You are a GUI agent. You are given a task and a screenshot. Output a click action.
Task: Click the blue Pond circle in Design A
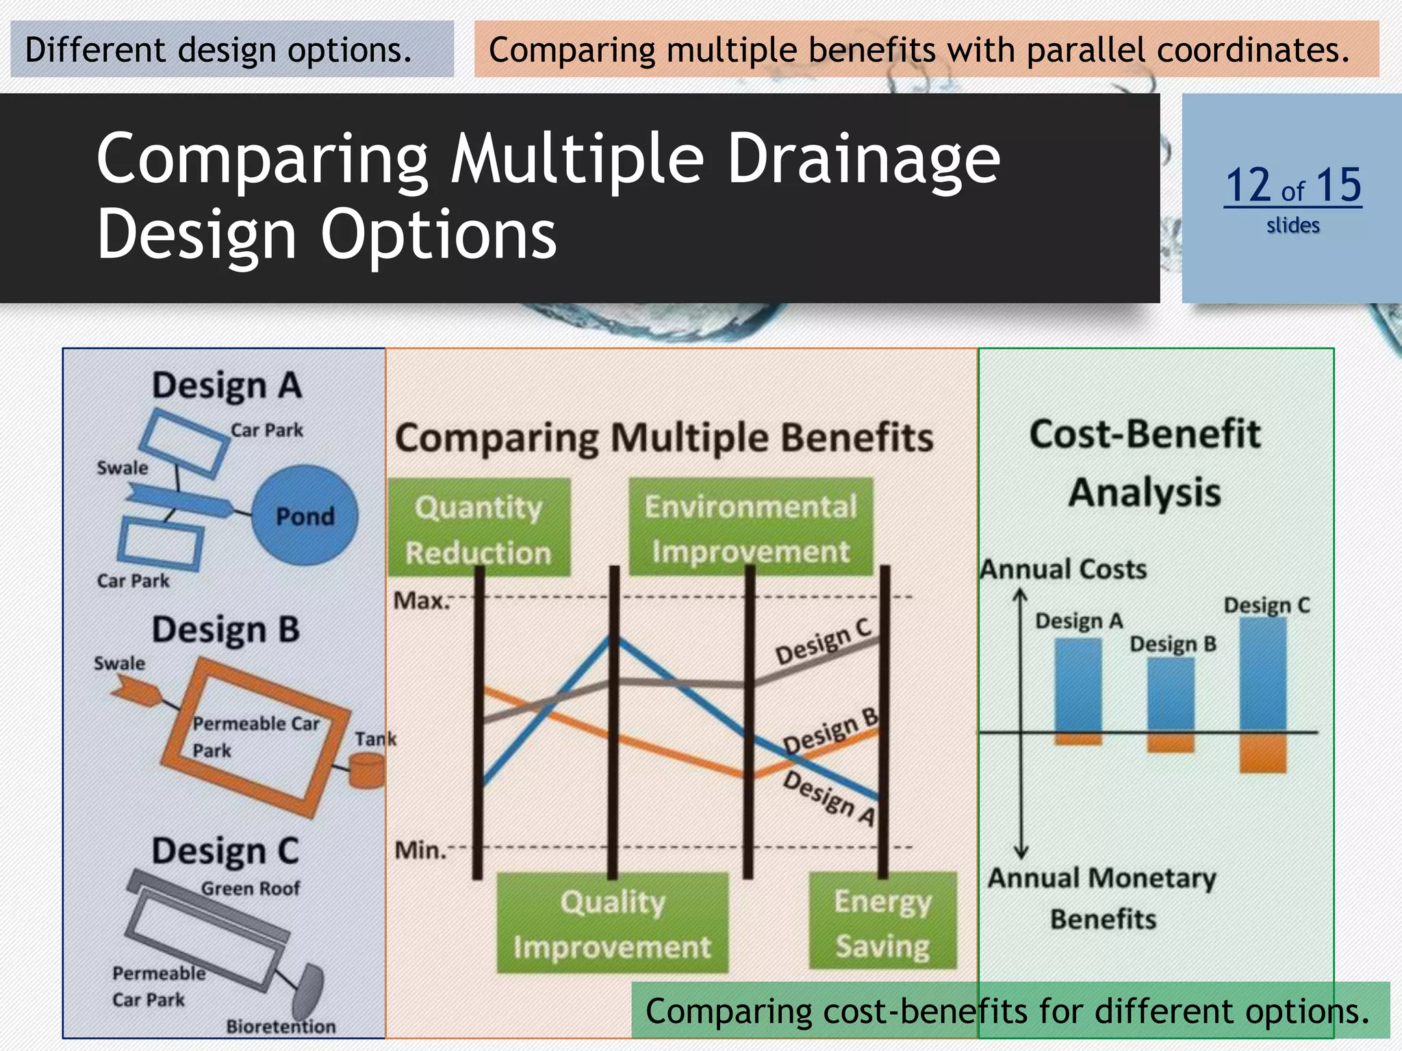(305, 515)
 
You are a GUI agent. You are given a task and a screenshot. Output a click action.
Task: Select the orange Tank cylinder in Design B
(367, 770)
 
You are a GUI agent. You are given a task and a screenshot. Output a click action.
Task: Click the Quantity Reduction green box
(479, 528)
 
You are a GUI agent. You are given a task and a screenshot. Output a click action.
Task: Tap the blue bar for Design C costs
(1262, 675)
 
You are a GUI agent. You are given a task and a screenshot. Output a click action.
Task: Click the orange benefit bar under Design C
(1262, 753)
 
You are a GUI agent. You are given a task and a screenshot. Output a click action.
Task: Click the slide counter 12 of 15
(1292, 186)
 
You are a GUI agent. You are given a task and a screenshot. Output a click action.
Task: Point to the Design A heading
(227, 385)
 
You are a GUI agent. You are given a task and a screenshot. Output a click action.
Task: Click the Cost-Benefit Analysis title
(1145, 463)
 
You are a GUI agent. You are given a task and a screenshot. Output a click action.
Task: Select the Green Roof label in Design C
(251, 888)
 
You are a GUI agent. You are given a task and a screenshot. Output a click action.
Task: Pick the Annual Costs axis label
(1063, 569)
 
